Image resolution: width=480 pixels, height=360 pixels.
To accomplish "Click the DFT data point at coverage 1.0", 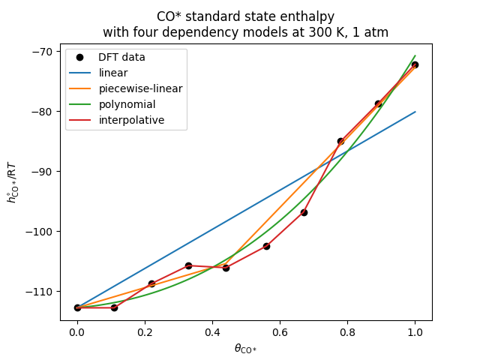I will pos(415,64).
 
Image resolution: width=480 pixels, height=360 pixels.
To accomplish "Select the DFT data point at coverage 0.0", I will pos(77,307).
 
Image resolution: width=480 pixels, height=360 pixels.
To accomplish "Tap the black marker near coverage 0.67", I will pos(304,212).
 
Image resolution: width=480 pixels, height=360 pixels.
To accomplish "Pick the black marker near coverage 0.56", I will pos(266,246).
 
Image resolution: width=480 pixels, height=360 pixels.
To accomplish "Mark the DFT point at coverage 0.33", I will pos(188,265).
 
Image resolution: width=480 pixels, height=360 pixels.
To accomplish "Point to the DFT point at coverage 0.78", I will pos(340,141).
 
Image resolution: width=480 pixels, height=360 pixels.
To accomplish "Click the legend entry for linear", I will pos(113,73).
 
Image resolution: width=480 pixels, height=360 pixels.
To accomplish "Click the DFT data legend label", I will pos(121,57).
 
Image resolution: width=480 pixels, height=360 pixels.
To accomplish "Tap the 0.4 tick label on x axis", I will pos(212,332).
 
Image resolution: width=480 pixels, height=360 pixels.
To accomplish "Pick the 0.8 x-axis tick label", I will pos(347,332).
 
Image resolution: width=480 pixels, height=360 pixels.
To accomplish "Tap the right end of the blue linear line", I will pos(415,112).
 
